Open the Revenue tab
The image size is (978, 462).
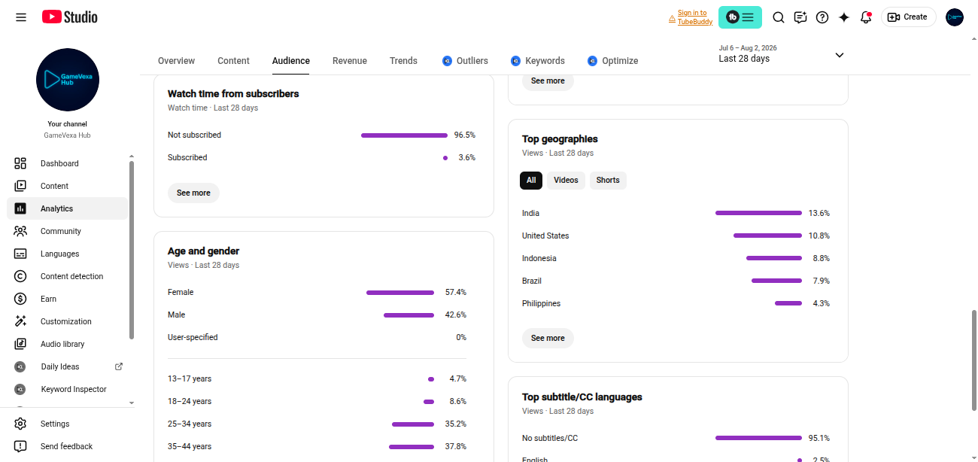(x=349, y=61)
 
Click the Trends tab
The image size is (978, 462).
(x=403, y=61)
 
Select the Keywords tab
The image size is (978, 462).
(x=545, y=61)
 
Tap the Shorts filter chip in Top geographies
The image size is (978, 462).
(x=608, y=181)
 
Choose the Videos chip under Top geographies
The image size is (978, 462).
(x=566, y=181)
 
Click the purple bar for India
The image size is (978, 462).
(x=758, y=213)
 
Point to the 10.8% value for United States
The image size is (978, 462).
(x=819, y=236)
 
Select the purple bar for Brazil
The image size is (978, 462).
(x=776, y=281)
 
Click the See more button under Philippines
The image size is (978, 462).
(x=548, y=338)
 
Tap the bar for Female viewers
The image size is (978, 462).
(x=400, y=293)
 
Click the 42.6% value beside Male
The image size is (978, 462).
(x=455, y=315)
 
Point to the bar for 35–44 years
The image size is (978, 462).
(x=412, y=447)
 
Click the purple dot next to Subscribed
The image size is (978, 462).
(x=445, y=158)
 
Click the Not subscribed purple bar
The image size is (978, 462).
(x=404, y=135)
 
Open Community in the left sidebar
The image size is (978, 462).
(x=61, y=231)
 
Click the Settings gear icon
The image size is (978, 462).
(x=20, y=424)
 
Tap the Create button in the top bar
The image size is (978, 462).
(x=908, y=17)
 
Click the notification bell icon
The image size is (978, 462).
(x=866, y=17)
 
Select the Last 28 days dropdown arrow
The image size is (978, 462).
(x=839, y=55)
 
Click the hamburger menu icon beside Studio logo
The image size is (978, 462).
(x=21, y=17)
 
